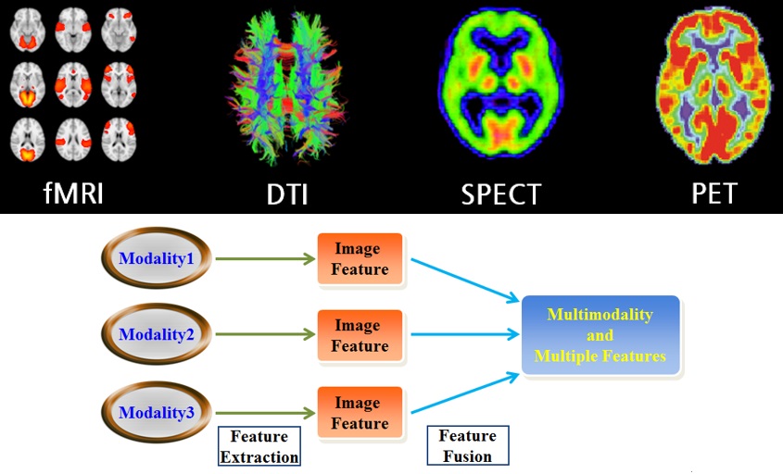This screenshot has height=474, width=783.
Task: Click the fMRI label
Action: pyautogui.click(x=73, y=193)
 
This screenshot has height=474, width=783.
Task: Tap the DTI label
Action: pyautogui.click(x=286, y=194)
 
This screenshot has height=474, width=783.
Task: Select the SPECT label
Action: pyautogui.click(x=501, y=194)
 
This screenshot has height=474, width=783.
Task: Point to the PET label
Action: pyautogui.click(x=714, y=193)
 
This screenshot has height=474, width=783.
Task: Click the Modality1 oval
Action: pyautogui.click(x=156, y=258)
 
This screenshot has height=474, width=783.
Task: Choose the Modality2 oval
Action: pyautogui.click(x=156, y=334)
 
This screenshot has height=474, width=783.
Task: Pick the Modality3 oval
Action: pyautogui.click(x=156, y=413)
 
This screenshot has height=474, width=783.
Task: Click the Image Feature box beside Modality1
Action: pyautogui.click(x=360, y=259)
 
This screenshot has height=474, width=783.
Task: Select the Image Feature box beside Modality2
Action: pyautogui.click(x=360, y=335)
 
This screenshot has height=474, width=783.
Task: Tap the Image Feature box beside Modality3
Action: pyautogui.click(x=360, y=413)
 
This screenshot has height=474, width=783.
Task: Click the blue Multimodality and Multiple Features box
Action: pyautogui.click(x=600, y=335)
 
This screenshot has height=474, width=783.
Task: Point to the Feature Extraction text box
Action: pyautogui.click(x=259, y=446)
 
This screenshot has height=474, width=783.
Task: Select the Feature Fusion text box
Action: pyautogui.click(x=468, y=445)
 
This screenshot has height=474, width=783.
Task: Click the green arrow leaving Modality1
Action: pyautogui.click(x=265, y=258)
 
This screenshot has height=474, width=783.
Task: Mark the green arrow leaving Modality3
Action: pyautogui.click(x=265, y=413)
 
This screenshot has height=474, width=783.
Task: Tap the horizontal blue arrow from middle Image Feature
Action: pyautogui.click(x=465, y=334)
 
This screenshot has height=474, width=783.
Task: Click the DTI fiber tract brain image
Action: pyautogui.click(x=286, y=88)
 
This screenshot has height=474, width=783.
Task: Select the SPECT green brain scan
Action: pyautogui.click(x=501, y=82)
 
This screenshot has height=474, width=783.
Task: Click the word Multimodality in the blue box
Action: pyautogui.click(x=600, y=315)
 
